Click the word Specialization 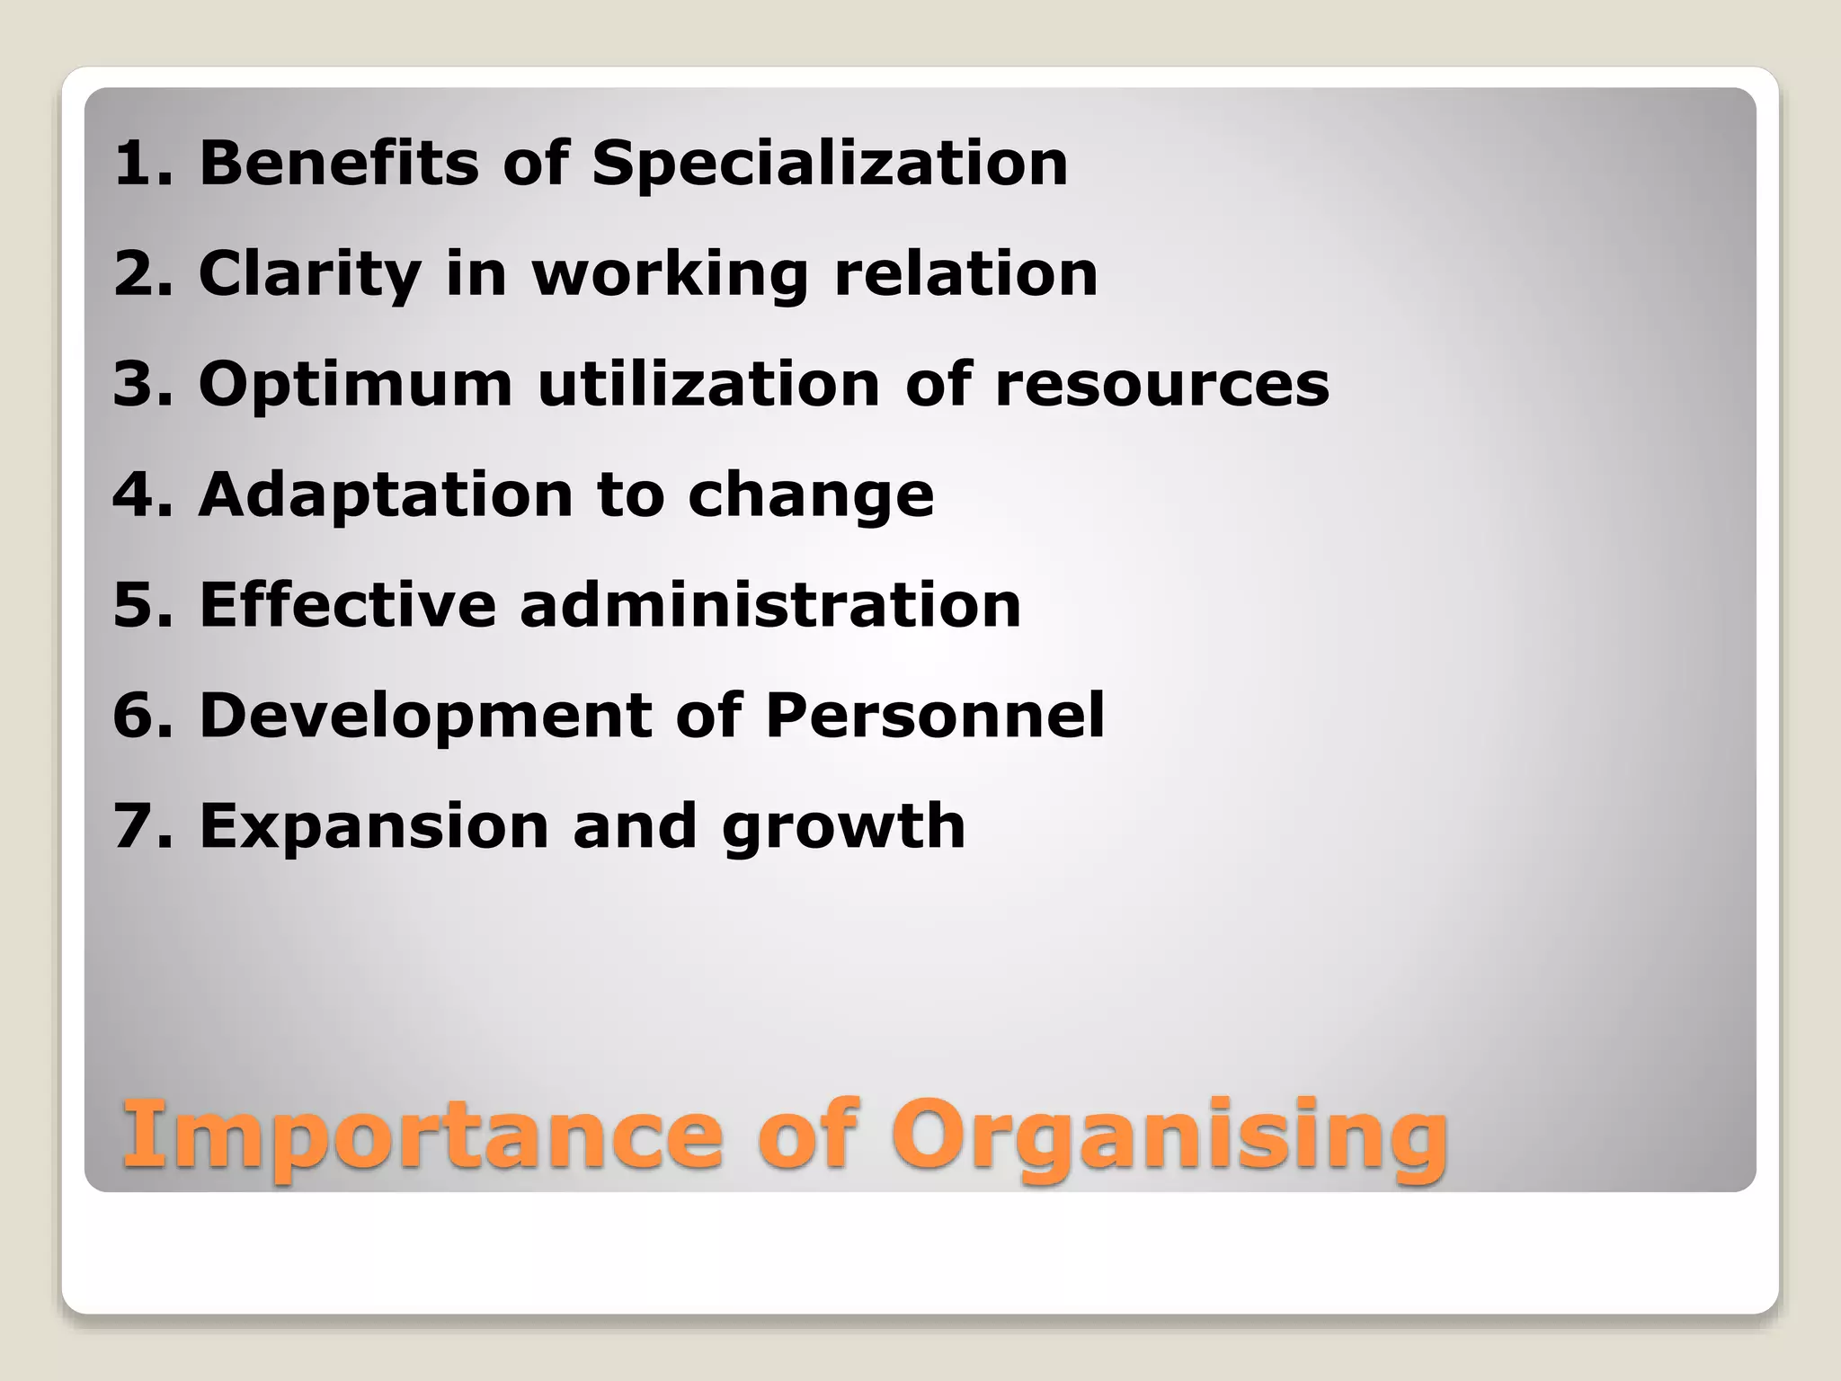coord(829,165)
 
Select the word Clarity coord(309,274)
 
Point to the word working coord(671,274)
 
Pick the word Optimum coord(355,385)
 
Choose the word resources coord(1161,385)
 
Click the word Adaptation coord(386,494)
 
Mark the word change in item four coord(811,496)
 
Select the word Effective coord(347,604)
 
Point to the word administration coord(770,604)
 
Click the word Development coord(424,716)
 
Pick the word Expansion coord(373,825)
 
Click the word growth coord(843,827)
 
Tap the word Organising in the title coord(1169,1136)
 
